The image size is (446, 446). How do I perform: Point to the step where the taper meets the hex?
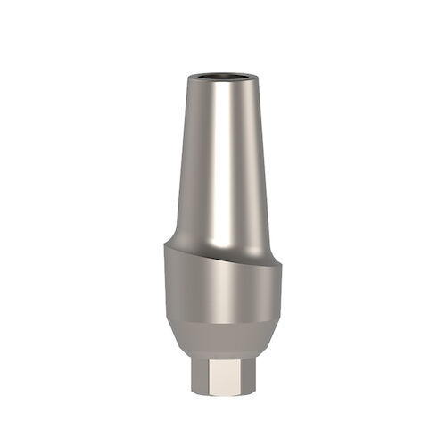(223, 351)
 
